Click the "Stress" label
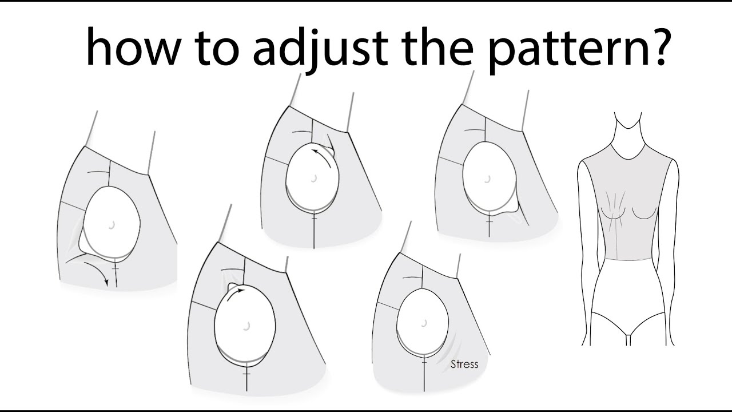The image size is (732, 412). [464, 364]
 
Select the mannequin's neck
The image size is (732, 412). [627, 132]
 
